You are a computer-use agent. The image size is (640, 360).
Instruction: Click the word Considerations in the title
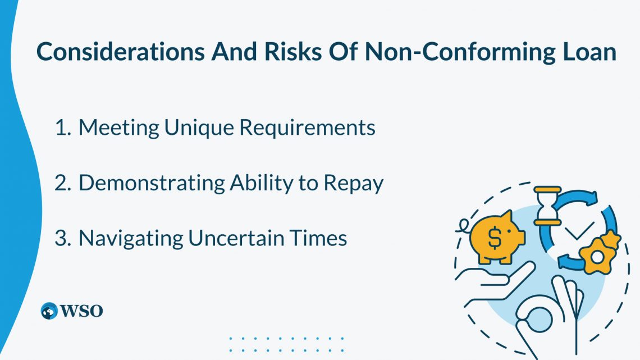coord(120,52)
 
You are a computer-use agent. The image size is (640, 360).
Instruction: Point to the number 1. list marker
coord(63,127)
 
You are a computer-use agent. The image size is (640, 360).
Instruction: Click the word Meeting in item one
coord(119,128)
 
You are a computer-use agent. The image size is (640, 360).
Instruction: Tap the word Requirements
coord(307,128)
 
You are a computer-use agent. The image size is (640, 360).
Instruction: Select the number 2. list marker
coord(63,183)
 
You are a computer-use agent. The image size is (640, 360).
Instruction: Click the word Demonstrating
coord(152,183)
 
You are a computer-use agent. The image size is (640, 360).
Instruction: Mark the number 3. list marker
coord(63,238)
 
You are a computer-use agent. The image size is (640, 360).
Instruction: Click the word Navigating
coord(131,239)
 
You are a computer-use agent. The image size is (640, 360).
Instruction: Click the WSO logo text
coord(81,311)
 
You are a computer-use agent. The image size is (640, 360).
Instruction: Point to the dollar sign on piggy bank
coord(494,237)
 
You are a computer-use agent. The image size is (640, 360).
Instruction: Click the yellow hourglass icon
coord(548,206)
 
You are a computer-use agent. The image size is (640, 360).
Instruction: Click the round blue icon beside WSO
coord(49,311)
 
